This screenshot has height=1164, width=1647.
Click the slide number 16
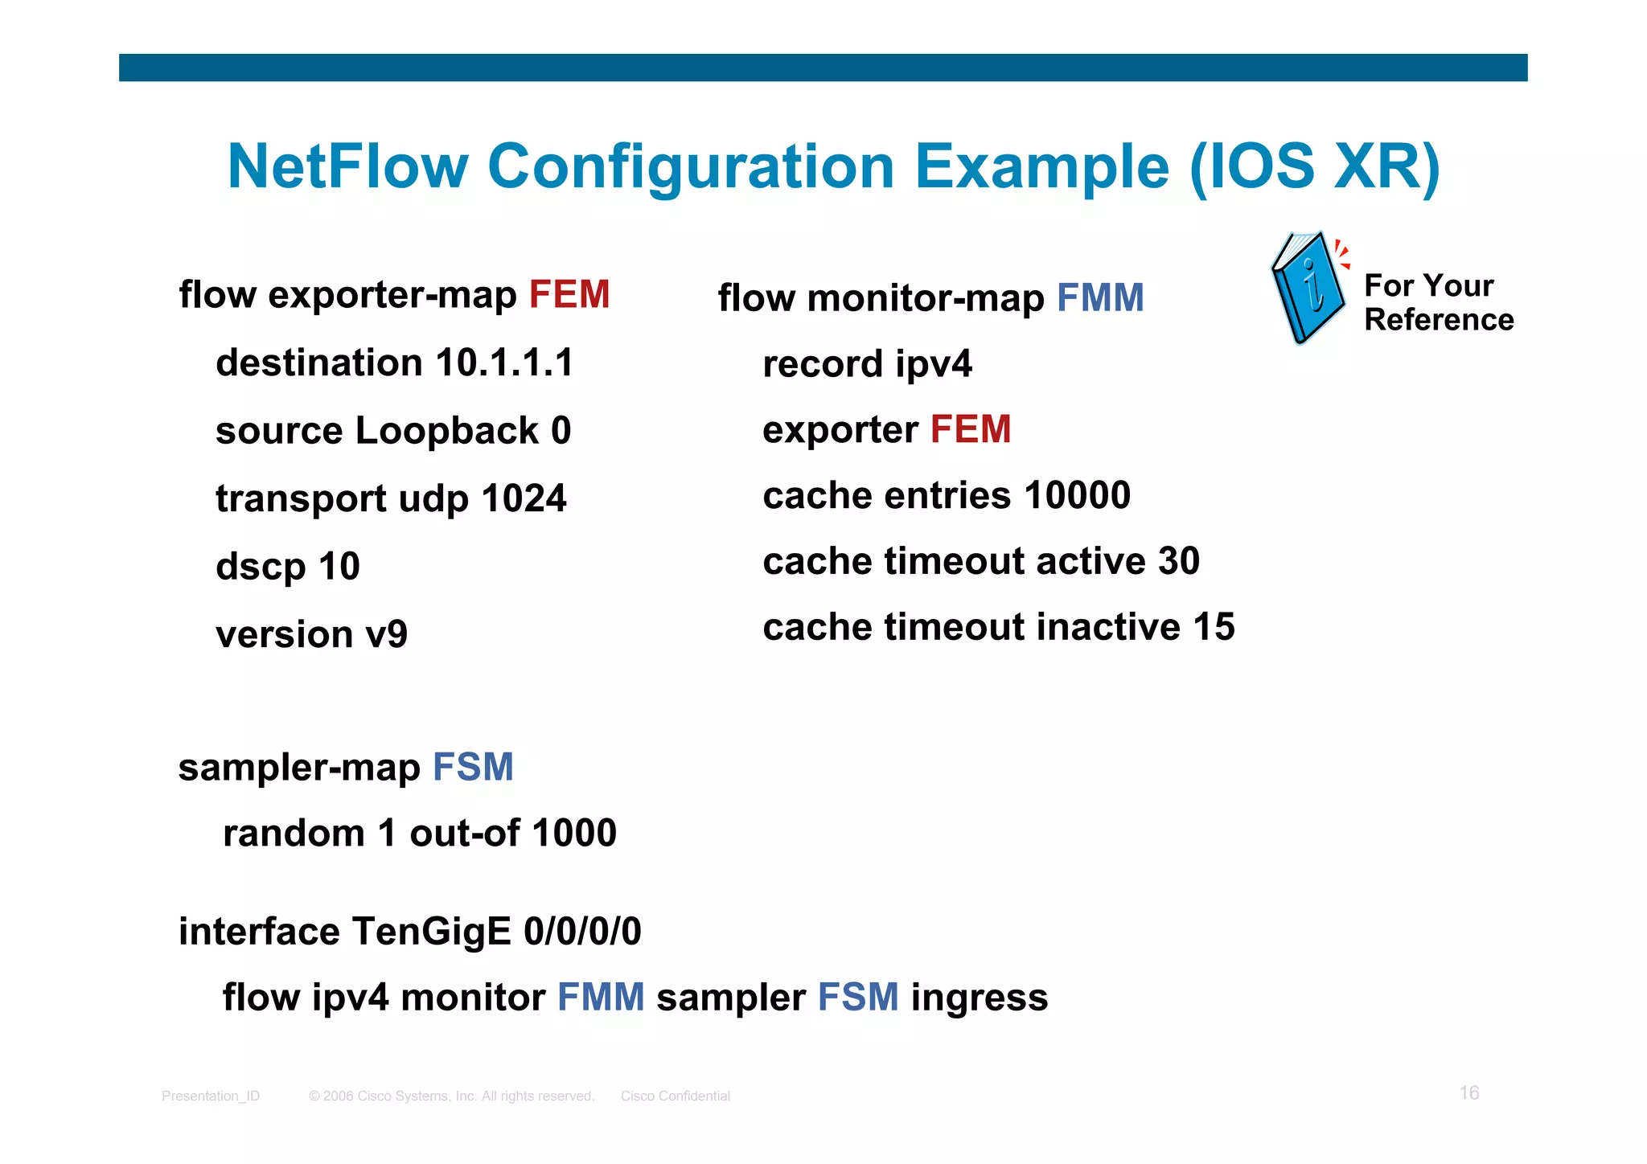coord(1468,1092)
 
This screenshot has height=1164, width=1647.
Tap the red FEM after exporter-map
coord(569,294)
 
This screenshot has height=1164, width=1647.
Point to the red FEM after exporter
coord(970,429)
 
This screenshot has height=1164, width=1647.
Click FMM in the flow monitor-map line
coord(1099,298)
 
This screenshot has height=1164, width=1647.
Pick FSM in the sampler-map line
coord(473,767)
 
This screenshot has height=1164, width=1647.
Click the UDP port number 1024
coord(524,498)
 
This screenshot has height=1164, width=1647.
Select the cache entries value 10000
coord(1077,495)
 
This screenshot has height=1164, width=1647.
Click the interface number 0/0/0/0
coord(582,932)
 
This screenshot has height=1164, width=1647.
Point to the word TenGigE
coord(431,932)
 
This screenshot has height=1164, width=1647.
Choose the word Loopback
coord(446,431)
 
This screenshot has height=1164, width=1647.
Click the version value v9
coord(386,635)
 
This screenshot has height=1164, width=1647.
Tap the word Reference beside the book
coord(1439,320)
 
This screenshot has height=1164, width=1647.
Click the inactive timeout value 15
coord(1214,627)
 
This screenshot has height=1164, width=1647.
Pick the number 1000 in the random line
coord(573,833)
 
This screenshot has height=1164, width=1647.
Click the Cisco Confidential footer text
coord(675,1096)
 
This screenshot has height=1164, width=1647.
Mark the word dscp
coord(261,567)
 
